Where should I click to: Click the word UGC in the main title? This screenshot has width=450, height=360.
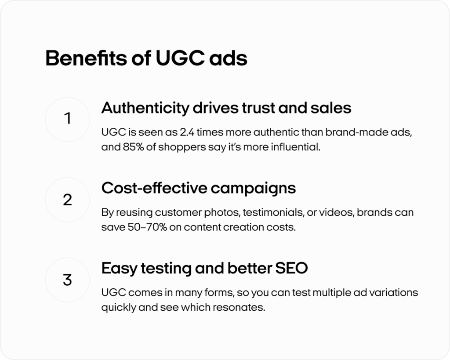point(180,58)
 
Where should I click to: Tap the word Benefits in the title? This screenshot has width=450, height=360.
point(86,58)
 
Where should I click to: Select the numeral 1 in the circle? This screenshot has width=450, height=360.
point(68,118)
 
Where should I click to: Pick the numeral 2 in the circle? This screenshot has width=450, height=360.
point(67,200)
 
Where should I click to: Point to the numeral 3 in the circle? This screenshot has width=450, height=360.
point(67,280)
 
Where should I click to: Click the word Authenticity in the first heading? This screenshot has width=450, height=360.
point(145,109)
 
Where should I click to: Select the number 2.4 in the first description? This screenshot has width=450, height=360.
point(186,132)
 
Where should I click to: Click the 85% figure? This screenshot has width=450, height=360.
point(133,147)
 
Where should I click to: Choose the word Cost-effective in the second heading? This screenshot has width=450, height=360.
point(154,188)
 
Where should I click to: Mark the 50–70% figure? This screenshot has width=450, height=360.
point(147,227)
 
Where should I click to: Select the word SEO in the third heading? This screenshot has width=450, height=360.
point(291,268)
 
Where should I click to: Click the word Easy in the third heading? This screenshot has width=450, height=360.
point(119,269)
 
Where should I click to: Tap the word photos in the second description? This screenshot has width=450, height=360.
point(222,213)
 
